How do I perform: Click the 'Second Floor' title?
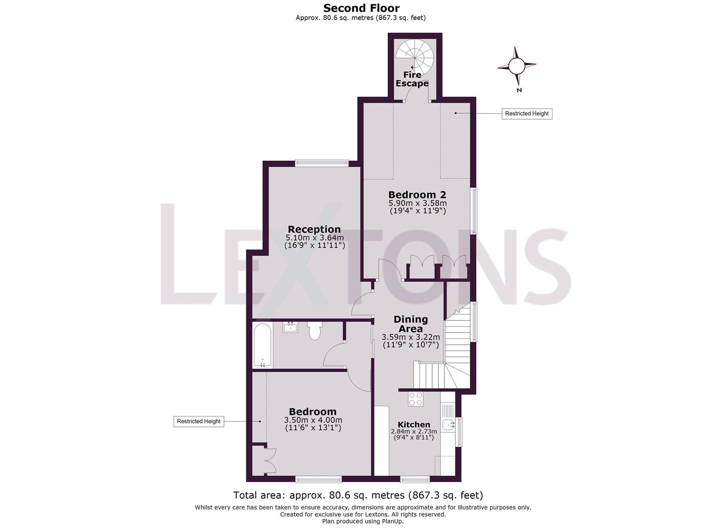point(361,8)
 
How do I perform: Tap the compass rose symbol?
point(516,66)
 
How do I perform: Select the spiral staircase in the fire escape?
point(415,55)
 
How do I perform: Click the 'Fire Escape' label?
point(412,79)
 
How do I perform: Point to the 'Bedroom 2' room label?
point(417,195)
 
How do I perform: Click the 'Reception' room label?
point(314,229)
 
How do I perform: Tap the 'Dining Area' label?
point(411,324)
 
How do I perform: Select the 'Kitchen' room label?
point(414,424)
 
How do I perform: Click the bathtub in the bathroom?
point(263,345)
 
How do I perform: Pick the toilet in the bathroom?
point(314,330)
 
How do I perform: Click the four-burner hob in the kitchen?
point(416,399)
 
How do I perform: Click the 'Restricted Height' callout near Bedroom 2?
point(527,113)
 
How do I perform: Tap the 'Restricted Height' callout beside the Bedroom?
point(198,421)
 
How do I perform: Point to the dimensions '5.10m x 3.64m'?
point(314,238)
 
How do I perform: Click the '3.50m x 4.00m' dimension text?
point(313,420)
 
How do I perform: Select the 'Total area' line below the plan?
point(358,495)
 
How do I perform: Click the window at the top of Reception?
point(321,164)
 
